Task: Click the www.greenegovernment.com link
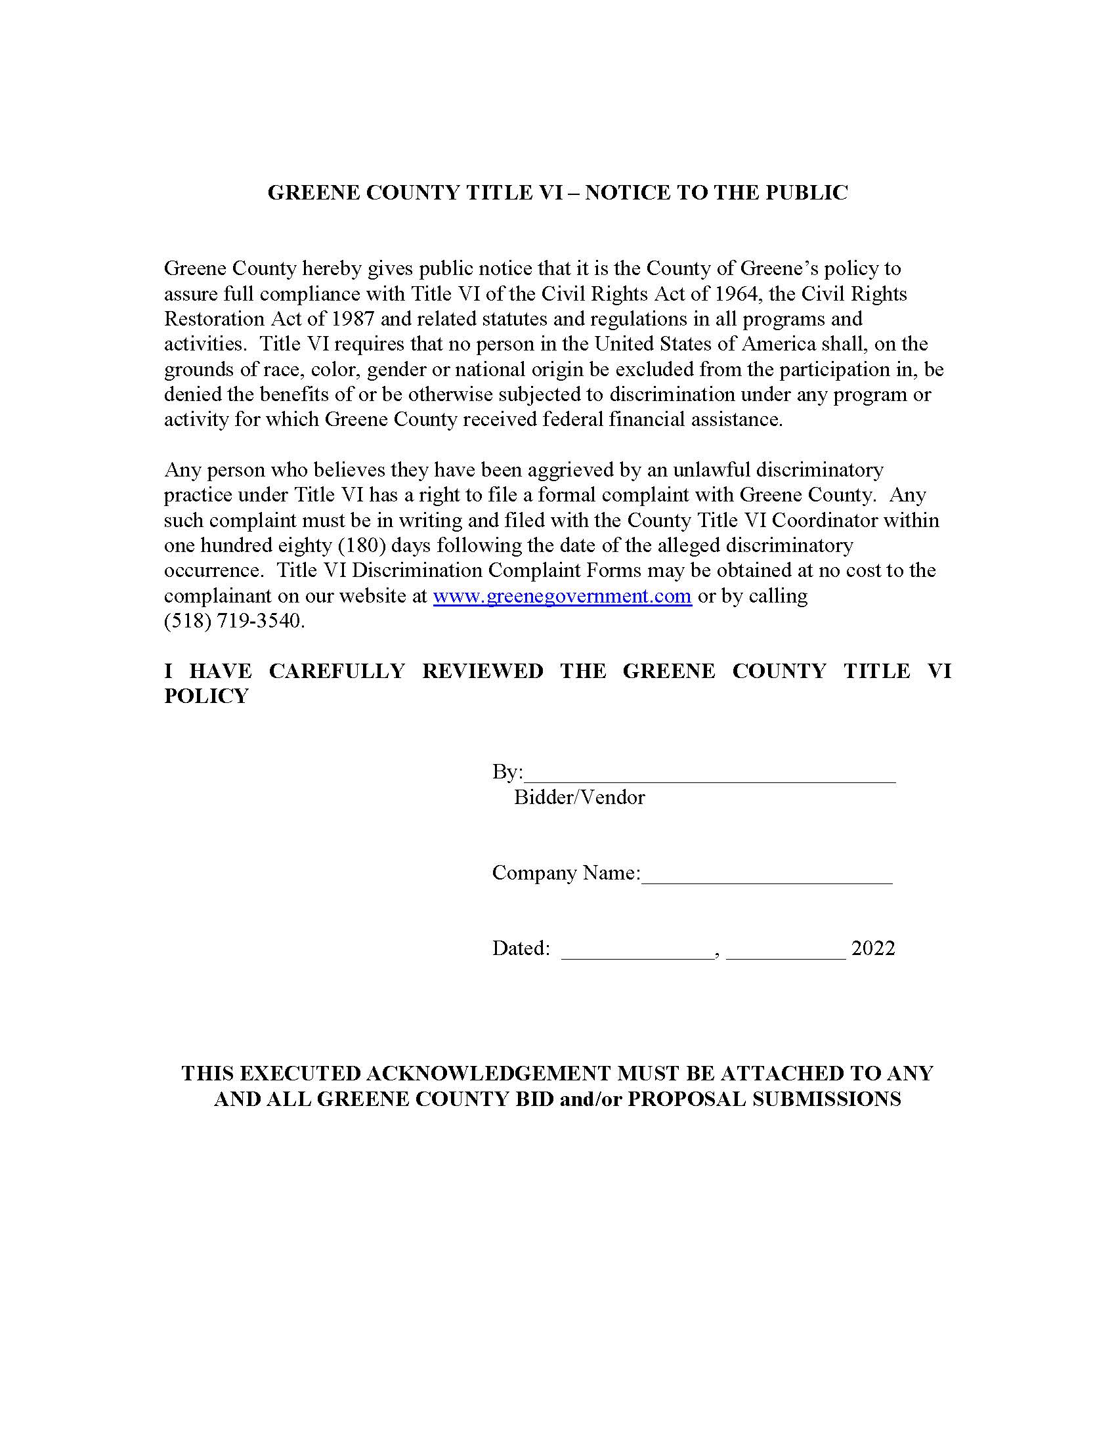[562, 597]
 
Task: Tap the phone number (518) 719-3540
[234, 622]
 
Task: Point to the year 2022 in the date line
[872, 949]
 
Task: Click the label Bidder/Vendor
[579, 797]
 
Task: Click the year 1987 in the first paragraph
[351, 319]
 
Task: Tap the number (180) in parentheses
[362, 545]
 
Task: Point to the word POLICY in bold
[206, 696]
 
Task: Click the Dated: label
[521, 949]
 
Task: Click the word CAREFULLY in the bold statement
[337, 671]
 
